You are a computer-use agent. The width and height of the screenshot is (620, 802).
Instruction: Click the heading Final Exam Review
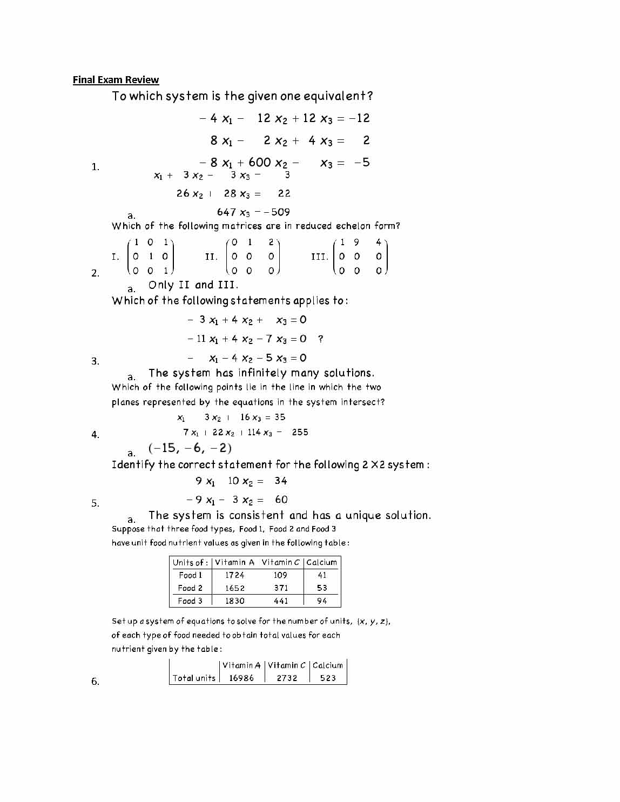coord(116,80)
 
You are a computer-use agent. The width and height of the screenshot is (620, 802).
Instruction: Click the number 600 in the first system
coord(259,163)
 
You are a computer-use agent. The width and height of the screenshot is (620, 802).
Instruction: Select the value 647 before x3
coord(226,212)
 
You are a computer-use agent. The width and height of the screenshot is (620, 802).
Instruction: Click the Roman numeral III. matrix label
coord(319,257)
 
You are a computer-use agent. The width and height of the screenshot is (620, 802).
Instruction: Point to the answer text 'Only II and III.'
coord(193,285)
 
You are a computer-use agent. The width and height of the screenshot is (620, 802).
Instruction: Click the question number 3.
coord(95,361)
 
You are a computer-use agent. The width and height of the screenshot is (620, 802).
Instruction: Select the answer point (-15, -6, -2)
coord(190,448)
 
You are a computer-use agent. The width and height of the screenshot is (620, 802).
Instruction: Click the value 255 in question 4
coord(300,432)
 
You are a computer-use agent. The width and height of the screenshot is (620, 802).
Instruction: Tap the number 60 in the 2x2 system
coord(281,500)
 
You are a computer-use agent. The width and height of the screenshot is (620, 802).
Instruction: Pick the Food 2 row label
coord(190,588)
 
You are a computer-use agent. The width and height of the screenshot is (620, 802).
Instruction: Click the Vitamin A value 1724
coord(234,575)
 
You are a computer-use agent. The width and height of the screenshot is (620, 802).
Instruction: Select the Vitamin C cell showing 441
coord(281,601)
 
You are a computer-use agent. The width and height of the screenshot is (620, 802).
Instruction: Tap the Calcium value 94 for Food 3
coord(322,601)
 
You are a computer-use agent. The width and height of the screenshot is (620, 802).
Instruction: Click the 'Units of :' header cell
coord(190,562)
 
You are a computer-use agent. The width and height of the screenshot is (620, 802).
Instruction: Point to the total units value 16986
coord(241,678)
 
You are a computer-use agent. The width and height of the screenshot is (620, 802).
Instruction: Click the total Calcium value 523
coord(328,678)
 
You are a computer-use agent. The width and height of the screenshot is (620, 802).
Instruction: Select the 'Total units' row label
coord(194,678)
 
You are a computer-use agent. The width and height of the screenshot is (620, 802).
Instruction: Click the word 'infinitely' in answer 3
coord(262,373)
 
